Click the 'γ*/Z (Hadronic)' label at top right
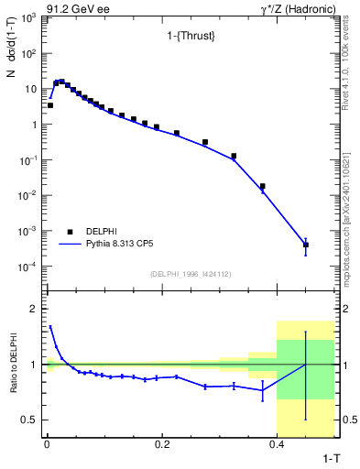296,8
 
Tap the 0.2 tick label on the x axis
162,444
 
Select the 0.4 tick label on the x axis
277,444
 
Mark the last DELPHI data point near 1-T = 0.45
305,245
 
